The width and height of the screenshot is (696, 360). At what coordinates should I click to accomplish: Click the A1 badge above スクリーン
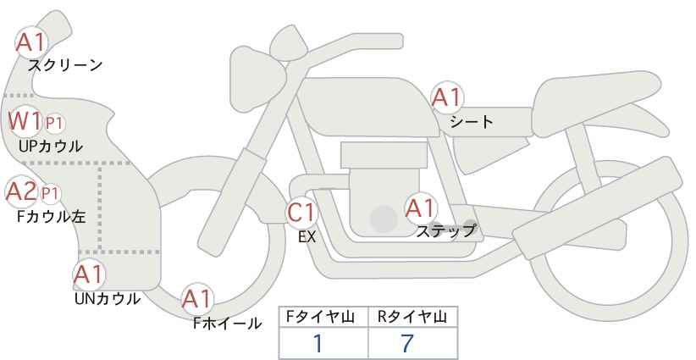point(31,42)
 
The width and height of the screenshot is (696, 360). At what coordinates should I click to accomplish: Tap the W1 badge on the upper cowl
point(25,122)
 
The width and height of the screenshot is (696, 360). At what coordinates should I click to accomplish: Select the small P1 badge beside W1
point(54,124)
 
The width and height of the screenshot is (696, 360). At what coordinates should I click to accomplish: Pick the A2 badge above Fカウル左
point(21,191)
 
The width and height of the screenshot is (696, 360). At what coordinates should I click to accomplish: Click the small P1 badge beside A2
point(51,193)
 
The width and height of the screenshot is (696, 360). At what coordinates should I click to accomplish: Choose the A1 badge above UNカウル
point(88,274)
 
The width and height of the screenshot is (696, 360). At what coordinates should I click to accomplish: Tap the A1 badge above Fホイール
point(198,298)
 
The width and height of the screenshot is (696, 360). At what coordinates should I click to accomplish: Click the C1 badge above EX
point(301,213)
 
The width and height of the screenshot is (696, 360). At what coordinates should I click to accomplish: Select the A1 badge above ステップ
point(420,208)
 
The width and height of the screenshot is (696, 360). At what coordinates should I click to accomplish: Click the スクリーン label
point(65,65)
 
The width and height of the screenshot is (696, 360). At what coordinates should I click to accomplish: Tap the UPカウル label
point(51,147)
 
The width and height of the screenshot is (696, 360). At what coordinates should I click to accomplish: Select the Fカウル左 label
point(52,216)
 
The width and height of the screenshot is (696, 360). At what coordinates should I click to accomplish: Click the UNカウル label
point(108,298)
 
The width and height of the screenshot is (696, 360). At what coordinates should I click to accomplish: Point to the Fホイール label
point(228,323)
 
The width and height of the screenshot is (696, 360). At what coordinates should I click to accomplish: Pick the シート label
point(472,121)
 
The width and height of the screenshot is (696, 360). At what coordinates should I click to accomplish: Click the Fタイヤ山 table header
point(323,317)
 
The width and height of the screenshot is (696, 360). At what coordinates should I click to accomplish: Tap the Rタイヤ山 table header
point(412,317)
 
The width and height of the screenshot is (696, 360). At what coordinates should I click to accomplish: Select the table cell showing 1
point(318,343)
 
